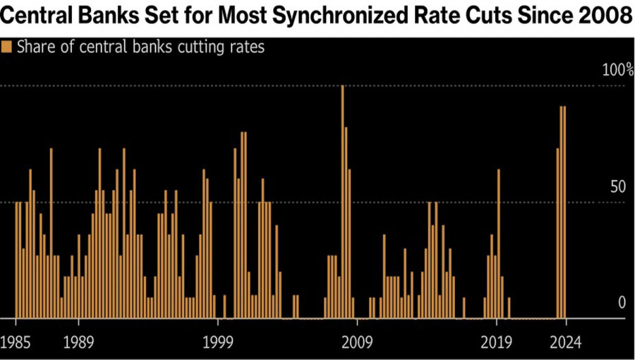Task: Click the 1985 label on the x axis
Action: (x=17, y=343)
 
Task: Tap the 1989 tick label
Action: (x=79, y=343)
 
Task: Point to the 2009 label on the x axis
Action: (x=357, y=343)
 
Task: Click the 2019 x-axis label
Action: (x=496, y=343)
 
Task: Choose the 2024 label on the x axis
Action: (x=564, y=343)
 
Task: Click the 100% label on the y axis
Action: (x=617, y=70)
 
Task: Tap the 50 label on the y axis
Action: (x=618, y=187)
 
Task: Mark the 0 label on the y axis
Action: (x=622, y=303)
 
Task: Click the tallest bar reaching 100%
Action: (x=342, y=201)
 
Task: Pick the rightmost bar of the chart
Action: (x=564, y=212)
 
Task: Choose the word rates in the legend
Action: (x=248, y=47)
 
